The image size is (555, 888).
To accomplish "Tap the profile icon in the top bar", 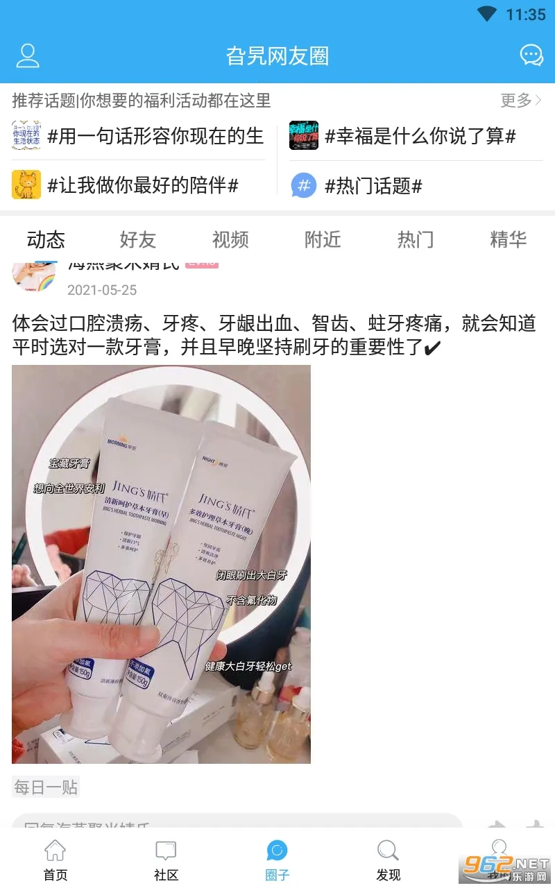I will click(x=28, y=55).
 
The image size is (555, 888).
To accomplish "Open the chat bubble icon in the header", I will click(x=531, y=55).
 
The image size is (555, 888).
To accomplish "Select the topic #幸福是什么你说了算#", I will click(x=420, y=137).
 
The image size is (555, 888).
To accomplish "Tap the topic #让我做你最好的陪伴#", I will click(x=142, y=185).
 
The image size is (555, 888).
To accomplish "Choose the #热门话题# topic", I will click(x=373, y=186).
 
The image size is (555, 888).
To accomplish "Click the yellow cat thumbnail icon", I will click(x=26, y=185).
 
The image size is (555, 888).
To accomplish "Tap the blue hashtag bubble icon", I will click(x=303, y=185).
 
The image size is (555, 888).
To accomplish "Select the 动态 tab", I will click(x=46, y=240).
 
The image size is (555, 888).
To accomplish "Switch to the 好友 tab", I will click(x=138, y=240).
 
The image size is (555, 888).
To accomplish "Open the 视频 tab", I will click(x=230, y=240).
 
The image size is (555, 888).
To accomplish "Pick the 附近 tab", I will click(x=323, y=240).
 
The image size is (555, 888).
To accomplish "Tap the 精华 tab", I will click(x=508, y=240).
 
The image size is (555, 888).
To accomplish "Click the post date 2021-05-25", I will click(x=102, y=290).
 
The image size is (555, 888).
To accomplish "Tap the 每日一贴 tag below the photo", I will click(x=46, y=787).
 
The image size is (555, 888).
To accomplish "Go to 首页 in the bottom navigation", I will click(x=55, y=860).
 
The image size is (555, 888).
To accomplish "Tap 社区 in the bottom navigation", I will click(x=166, y=860).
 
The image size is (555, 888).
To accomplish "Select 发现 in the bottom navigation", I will click(x=388, y=860).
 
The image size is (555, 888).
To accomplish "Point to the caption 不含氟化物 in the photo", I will click(x=251, y=600).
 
